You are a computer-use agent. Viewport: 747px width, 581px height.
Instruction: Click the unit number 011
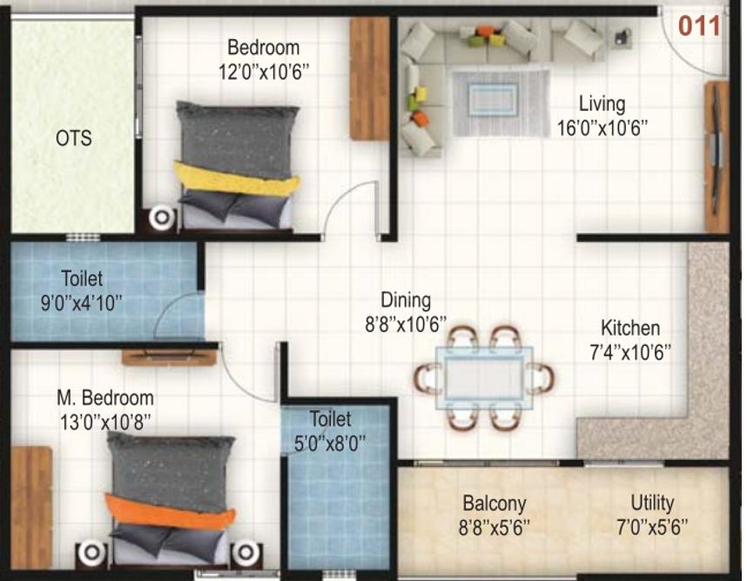[699, 26]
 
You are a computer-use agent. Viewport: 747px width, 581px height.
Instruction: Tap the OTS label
[74, 138]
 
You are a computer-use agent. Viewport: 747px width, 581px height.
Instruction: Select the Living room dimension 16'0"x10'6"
[602, 128]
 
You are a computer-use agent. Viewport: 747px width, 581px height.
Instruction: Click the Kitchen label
[630, 328]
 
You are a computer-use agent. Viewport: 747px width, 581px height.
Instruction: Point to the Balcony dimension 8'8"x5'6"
[494, 528]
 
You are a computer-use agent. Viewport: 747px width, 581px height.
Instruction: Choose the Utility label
[652, 503]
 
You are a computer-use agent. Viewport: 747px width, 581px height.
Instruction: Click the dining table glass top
[484, 378]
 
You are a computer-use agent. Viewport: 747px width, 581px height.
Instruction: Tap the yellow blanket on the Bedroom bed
[237, 179]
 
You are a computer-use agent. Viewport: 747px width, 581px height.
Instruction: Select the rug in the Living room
[501, 103]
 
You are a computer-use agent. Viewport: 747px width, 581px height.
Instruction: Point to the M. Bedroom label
[105, 397]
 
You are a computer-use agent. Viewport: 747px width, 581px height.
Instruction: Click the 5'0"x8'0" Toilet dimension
[330, 443]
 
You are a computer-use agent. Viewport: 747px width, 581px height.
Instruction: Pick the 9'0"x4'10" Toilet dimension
[82, 303]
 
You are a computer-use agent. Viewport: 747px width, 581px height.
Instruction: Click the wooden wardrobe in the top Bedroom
[370, 78]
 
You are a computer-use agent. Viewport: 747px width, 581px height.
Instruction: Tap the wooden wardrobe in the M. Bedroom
[31, 507]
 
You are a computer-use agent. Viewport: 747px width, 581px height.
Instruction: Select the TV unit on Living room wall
[717, 156]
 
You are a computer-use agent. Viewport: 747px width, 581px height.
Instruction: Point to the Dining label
[406, 301]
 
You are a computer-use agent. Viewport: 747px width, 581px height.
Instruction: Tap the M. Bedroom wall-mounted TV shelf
[169, 356]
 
